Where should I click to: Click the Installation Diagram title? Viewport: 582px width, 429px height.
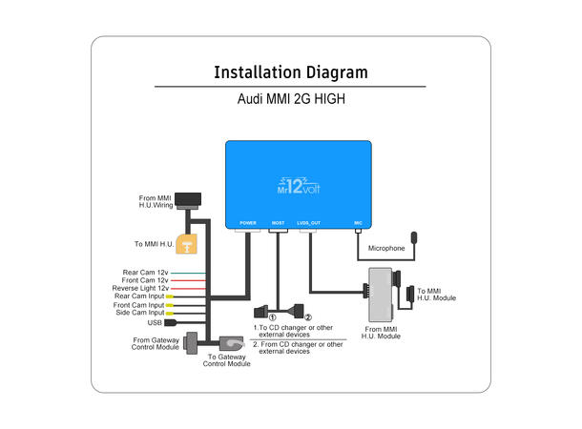pyautogui.click(x=290, y=72)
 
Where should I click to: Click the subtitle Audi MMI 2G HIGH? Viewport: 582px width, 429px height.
pyautogui.click(x=290, y=98)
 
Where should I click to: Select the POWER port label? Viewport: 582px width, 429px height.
pyautogui.click(x=248, y=222)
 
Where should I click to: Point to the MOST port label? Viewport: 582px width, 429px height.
pyautogui.click(x=278, y=222)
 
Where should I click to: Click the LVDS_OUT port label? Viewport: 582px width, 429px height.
pyautogui.click(x=309, y=222)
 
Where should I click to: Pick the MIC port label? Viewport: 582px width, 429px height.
pyautogui.click(x=358, y=222)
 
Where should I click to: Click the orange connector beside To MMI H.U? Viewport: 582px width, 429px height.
pyautogui.click(x=188, y=245)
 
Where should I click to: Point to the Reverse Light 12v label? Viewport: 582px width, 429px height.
pyautogui.click(x=139, y=288)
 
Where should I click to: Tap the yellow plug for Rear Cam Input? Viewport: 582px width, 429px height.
pyautogui.click(x=169, y=296)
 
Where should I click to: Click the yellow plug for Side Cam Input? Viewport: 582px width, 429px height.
pyautogui.click(x=169, y=313)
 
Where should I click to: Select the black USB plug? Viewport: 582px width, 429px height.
pyautogui.click(x=169, y=322)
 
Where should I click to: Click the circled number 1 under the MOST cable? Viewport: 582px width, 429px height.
pyautogui.click(x=272, y=317)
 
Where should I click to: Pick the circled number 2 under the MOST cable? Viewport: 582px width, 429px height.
pyautogui.click(x=306, y=317)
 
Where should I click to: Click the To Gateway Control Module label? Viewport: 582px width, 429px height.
pyautogui.click(x=227, y=359)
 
